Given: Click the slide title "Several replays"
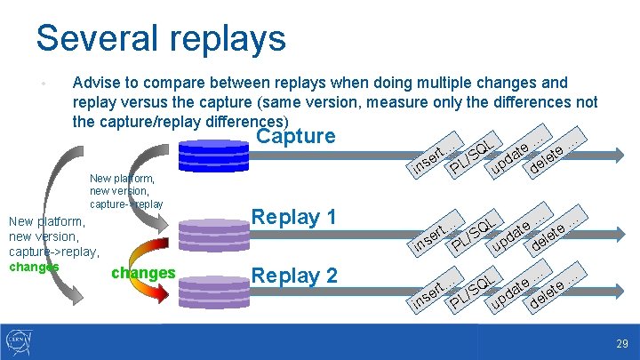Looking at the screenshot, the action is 160,38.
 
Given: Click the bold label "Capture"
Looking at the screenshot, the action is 295,136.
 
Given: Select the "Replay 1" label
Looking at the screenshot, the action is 294,217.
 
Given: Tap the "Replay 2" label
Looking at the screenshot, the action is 294,276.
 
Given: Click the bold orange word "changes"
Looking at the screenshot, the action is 142,273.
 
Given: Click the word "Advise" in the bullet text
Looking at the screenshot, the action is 96,84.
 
